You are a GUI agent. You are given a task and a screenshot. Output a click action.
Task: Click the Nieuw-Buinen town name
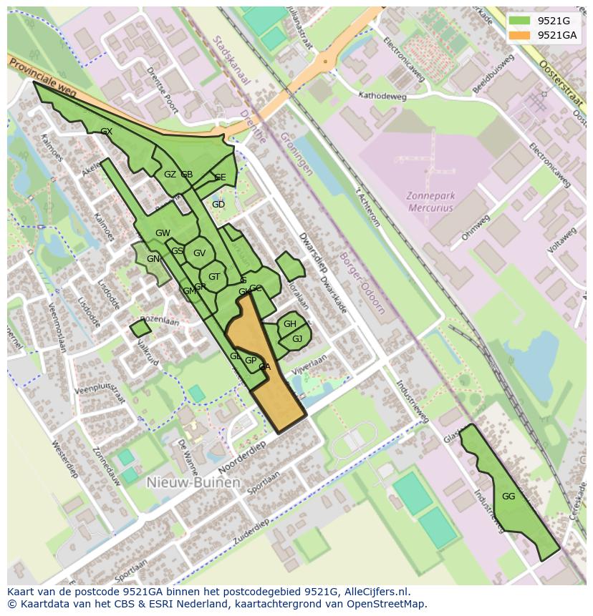[193, 483]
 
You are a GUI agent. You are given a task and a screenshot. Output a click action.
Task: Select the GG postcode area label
[508, 497]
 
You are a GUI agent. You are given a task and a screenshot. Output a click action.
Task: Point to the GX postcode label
[107, 132]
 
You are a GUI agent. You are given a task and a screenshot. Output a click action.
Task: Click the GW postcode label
[163, 233]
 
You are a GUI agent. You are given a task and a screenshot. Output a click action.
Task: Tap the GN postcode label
[153, 259]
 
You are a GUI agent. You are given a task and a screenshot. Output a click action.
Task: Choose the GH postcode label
[289, 324]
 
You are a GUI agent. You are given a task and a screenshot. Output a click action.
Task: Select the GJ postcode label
[297, 338]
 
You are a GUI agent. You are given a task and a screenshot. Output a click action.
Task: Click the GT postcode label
[214, 277]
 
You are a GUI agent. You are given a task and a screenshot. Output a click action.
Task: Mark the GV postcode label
[199, 253]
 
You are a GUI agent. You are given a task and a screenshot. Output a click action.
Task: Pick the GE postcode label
[220, 177]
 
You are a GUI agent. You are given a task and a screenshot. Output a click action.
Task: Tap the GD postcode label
[218, 205]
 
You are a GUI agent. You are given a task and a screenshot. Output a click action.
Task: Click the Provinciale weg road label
[44, 81]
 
